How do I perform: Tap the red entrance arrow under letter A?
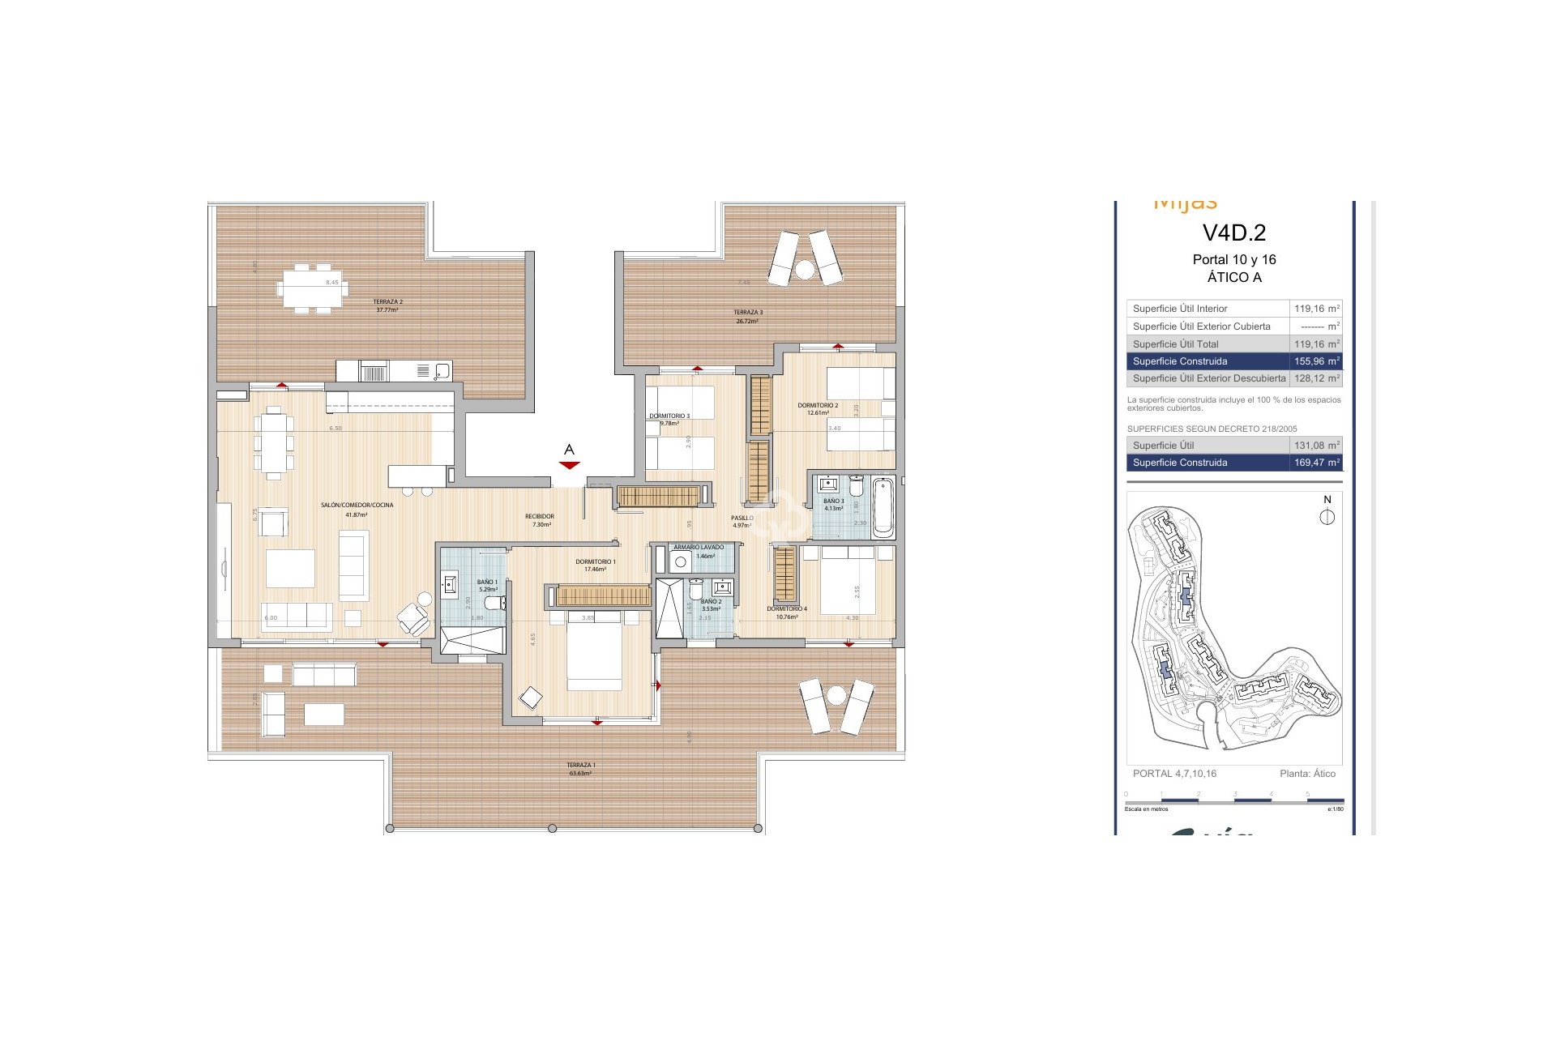pyautogui.click(x=570, y=465)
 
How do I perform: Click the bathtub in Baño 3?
pyautogui.click(x=883, y=507)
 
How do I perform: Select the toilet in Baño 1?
pyautogui.click(x=492, y=604)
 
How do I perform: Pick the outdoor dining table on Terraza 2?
pyautogui.click(x=312, y=288)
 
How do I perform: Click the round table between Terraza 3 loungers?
pyautogui.click(x=804, y=270)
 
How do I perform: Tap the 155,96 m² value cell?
pyautogui.click(x=1316, y=361)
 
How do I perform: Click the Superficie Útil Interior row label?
pyautogui.click(x=1180, y=309)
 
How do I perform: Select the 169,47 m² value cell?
pyautogui.click(x=1316, y=463)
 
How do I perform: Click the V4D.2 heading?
pyautogui.click(x=1233, y=233)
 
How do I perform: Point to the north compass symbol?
pyautogui.click(x=1327, y=517)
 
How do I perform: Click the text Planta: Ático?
pyautogui.click(x=1307, y=774)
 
